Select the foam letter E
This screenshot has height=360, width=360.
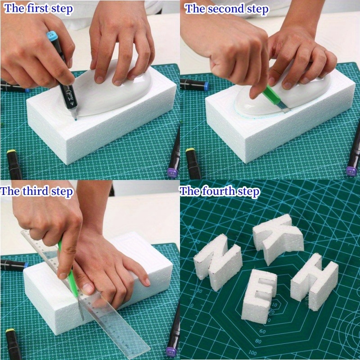(259, 295)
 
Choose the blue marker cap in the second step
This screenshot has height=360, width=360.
(204, 85)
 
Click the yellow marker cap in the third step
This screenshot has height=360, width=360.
(10, 333)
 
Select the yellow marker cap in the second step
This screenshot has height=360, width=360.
(191, 153)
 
